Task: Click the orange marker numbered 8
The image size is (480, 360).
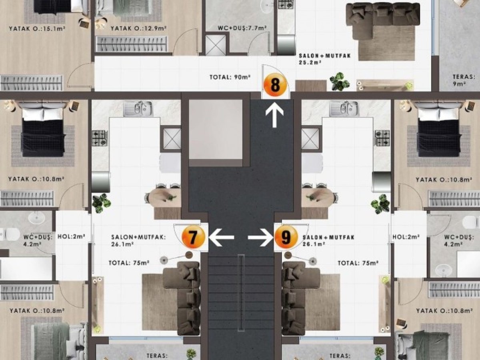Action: pyautogui.click(x=275, y=85)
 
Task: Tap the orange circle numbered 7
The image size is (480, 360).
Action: pyautogui.click(x=193, y=237)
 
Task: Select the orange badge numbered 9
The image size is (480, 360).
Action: pyautogui.click(x=286, y=237)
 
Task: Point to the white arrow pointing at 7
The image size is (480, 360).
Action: pyautogui.click(x=221, y=237)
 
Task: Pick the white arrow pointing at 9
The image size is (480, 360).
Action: pyautogui.click(x=261, y=237)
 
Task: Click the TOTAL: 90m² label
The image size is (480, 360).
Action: pyautogui.click(x=230, y=77)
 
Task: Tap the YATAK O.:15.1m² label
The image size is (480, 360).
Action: pyautogui.click(x=37, y=28)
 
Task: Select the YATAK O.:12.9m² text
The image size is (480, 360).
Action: pyautogui.click(x=139, y=28)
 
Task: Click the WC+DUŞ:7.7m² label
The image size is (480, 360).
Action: pyautogui.click(x=242, y=28)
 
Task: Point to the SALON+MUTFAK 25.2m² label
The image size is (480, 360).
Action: pyautogui.click(x=325, y=59)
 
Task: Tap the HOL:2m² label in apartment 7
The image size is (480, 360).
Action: pyautogui.click(x=71, y=236)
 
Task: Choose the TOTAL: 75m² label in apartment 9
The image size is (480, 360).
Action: pyautogui.click(x=358, y=263)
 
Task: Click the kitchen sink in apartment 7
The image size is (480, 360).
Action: pyautogui.click(x=138, y=108)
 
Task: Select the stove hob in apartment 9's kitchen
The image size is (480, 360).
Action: pyautogui.click(x=382, y=138)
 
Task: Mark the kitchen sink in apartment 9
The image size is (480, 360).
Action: pyautogui.click(x=344, y=108)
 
